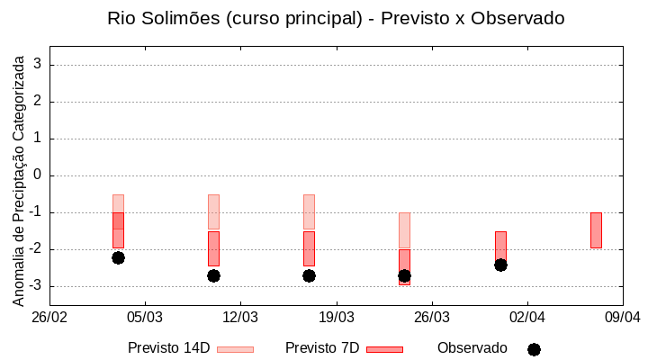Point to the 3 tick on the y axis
[38, 65]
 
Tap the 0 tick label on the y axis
[38, 175]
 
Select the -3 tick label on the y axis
[35, 286]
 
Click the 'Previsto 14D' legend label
[168, 348]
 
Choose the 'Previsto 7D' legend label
[322, 348]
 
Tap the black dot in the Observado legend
[534, 349]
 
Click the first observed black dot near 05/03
[118, 257]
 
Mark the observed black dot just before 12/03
[213, 275]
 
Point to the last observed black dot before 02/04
[500, 265]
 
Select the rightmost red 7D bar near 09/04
[596, 230]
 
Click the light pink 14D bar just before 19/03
[309, 212]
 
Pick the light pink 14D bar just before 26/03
[404, 230]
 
